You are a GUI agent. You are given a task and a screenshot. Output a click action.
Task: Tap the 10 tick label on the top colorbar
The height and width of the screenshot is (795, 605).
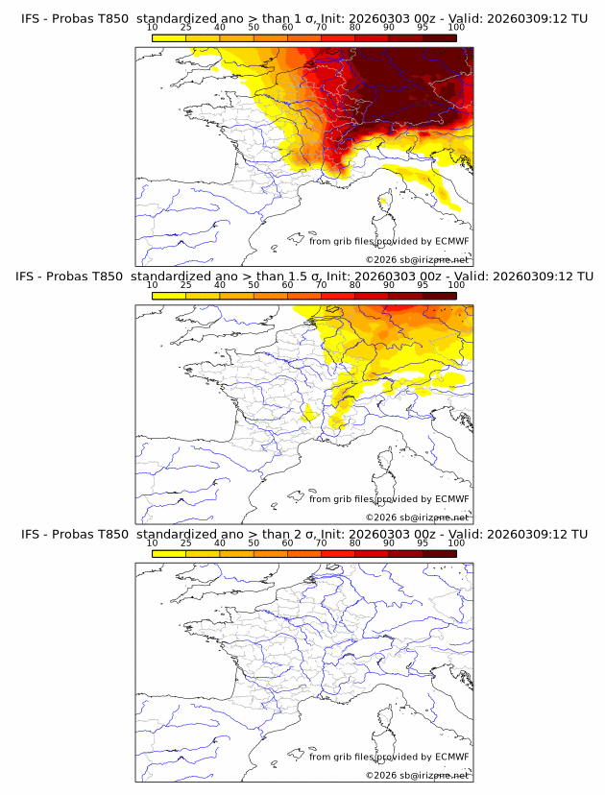pyautogui.click(x=152, y=27)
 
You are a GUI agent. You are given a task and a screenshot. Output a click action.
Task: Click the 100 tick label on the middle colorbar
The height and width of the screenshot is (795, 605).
pyautogui.click(x=456, y=285)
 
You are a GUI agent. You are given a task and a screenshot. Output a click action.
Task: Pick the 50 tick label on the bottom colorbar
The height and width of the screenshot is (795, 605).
pyautogui.click(x=254, y=543)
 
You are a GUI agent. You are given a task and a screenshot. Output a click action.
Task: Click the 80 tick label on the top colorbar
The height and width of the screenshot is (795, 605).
pyautogui.click(x=355, y=27)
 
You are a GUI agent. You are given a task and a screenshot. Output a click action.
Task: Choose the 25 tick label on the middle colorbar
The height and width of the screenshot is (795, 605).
pyautogui.click(x=185, y=285)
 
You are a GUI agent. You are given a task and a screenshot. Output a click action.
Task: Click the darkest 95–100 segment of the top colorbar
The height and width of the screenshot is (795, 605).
pyautogui.click(x=440, y=37)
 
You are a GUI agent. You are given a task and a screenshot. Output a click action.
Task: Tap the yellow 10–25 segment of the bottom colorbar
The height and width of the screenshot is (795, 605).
pyautogui.click(x=169, y=553)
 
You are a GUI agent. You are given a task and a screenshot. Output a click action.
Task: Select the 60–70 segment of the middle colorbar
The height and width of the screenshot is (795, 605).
pyautogui.click(x=304, y=296)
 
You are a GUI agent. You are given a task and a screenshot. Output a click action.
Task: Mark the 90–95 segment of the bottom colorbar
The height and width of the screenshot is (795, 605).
pyautogui.click(x=406, y=553)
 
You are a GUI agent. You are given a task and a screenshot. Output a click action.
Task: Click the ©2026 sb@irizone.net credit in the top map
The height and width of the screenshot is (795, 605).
pyautogui.click(x=418, y=259)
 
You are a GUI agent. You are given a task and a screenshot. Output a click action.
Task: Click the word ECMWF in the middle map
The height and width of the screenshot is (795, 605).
pyautogui.click(x=451, y=499)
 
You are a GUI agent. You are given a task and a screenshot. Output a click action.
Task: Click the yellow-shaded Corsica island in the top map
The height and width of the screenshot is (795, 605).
pyautogui.click(x=385, y=202)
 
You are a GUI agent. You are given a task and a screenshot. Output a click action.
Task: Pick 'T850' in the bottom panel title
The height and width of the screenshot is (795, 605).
pyautogui.click(x=109, y=534)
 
